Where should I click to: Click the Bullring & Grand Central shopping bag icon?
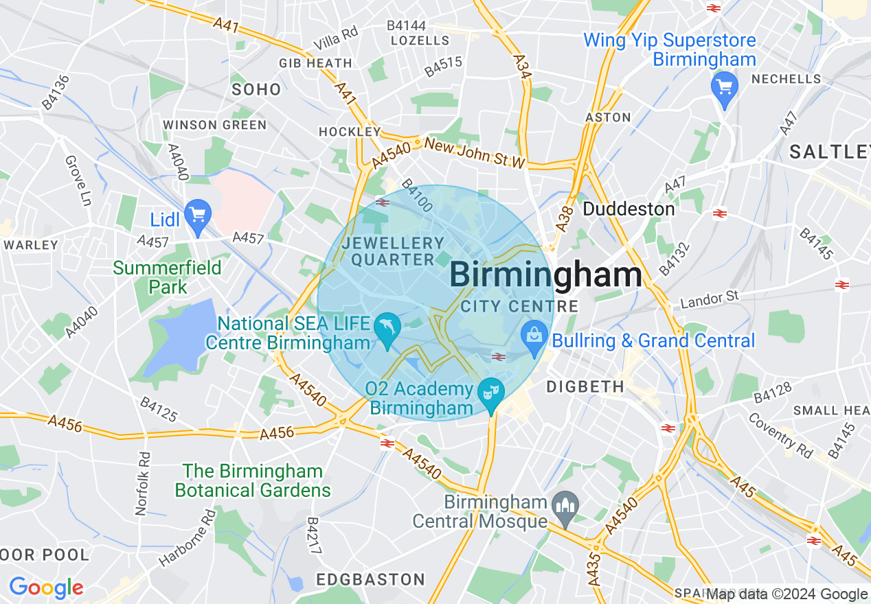pos(534,336)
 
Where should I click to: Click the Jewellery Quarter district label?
pos(393,251)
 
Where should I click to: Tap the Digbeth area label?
pos(585,387)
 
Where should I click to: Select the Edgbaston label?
pos(371,580)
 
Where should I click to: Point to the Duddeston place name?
pos(629,209)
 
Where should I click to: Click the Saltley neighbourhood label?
pos(829,152)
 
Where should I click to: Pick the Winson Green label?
pos(214,125)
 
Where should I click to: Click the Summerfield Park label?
pos(167,277)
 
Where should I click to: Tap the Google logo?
pos(46,588)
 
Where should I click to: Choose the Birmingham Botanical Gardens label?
pos(253,480)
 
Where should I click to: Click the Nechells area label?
pos(786,79)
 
